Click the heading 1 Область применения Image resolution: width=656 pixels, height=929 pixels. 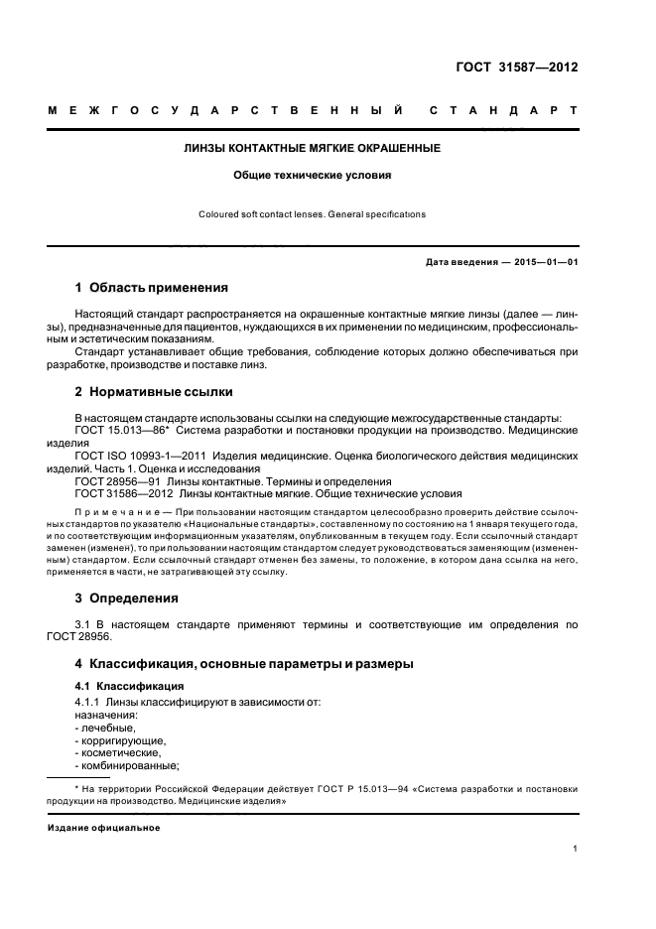152,288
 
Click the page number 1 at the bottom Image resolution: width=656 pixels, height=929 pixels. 576,849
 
